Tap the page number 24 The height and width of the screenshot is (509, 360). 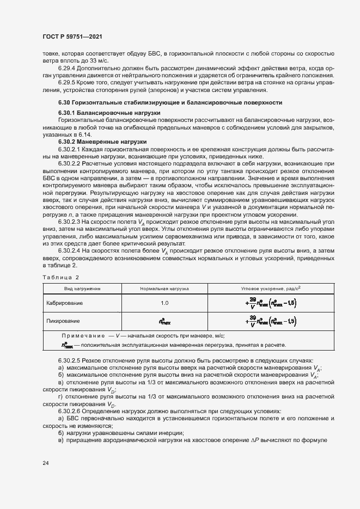tap(46, 463)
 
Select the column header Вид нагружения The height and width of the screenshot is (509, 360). tap(82, 287)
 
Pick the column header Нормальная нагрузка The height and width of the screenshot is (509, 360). tap(164, 287)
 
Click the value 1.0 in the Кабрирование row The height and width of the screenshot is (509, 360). tap(164, 302)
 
